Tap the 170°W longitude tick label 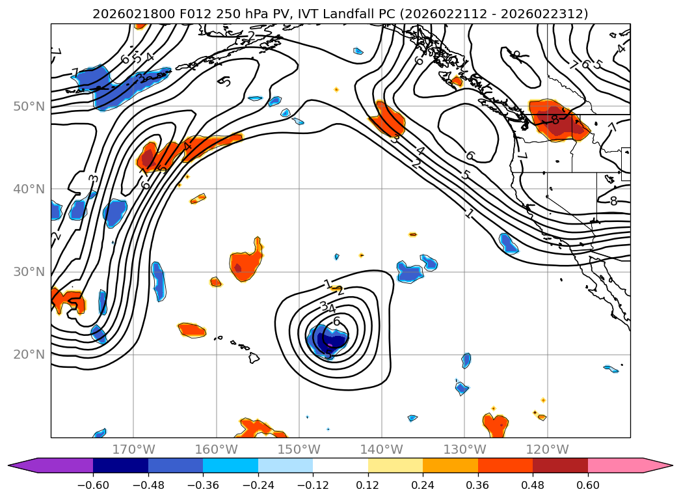(133, 449)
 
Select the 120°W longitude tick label (548, 449)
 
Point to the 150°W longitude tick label (299, 449)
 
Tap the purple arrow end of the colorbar (23, 465)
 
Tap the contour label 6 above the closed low (336, 321)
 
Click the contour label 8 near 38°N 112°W (613, 201)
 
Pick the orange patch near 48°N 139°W (388, 119)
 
